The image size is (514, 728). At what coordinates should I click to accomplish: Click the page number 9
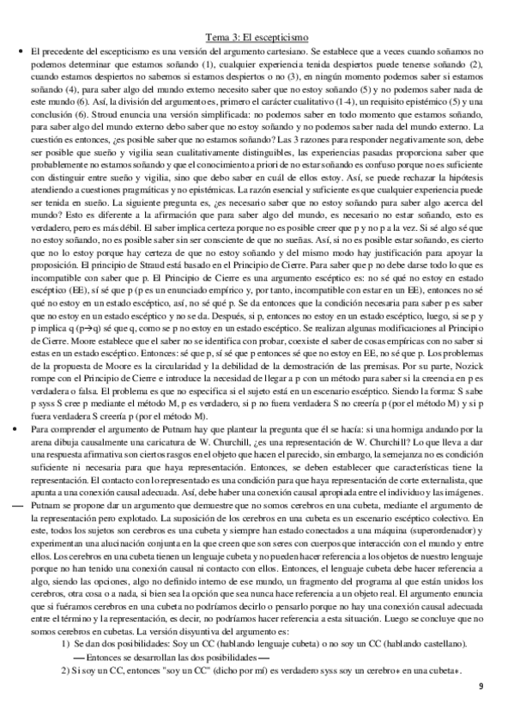tap(481, 709)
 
